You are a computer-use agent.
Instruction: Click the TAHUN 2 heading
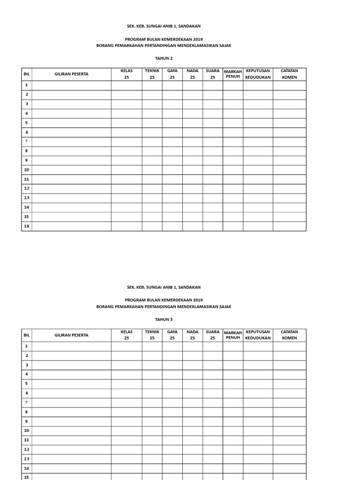pyautogui.click(x=164, y=58)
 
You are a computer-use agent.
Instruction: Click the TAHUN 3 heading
pyautogui.click(x=164, y=319)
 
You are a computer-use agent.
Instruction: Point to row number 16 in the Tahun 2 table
pyautogui.click(x=27, y=226)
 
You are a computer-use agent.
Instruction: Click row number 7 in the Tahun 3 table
pyautogui.click(x=27, y=402)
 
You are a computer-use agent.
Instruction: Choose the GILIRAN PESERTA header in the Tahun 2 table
pyautogui.click(x=71, y=74)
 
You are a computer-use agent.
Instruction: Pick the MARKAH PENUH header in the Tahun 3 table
pyautogui.click(x=232, y=335)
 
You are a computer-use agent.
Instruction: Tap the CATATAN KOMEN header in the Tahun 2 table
pyautogui.click(x=289, y=74)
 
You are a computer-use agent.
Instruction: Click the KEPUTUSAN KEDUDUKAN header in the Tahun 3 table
pyautogui.click(x=258, y=335)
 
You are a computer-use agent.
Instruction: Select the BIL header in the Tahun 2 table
pyautogui.click(x=26, y=74)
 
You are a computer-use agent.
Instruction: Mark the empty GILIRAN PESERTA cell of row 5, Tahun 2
pyautogui.click(x=71, y=123)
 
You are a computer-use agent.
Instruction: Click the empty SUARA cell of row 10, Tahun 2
pyautogui.click(x=212, y=170)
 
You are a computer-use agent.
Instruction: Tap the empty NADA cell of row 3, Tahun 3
pyautogui.click(x=192, y=365)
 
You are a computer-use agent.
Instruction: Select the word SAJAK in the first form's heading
pyautogui.click(x=225, y=45)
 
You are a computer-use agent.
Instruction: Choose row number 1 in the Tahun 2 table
pyautogui.click(x=27, y=85)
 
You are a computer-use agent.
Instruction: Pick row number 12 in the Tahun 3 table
pyautogui.click(x=27, y=449)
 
